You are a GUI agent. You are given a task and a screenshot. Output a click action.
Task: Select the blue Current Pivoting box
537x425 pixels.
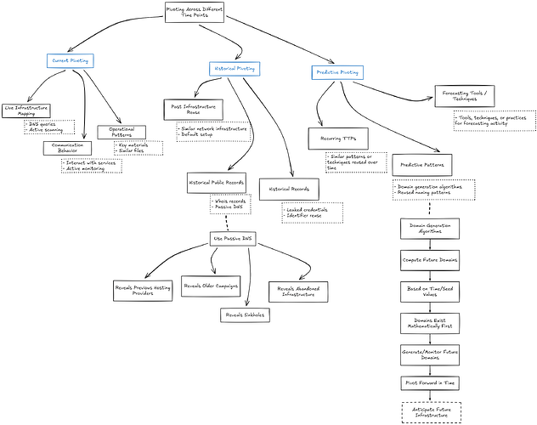point(71,60)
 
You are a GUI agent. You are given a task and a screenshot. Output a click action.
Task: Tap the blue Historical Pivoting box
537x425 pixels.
point(234,67)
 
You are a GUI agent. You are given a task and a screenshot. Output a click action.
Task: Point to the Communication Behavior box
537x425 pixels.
point(67,148)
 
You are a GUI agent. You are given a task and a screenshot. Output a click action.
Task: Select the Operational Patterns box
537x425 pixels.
point(122,133)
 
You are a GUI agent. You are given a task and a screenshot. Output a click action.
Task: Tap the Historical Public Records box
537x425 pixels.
point(216,183)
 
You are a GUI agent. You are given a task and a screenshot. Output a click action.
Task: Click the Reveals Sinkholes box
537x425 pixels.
point(245,314)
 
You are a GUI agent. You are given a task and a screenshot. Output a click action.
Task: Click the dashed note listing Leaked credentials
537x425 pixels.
point(311,212)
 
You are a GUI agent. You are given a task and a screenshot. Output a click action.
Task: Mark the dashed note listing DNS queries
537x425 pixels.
point(49,128)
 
